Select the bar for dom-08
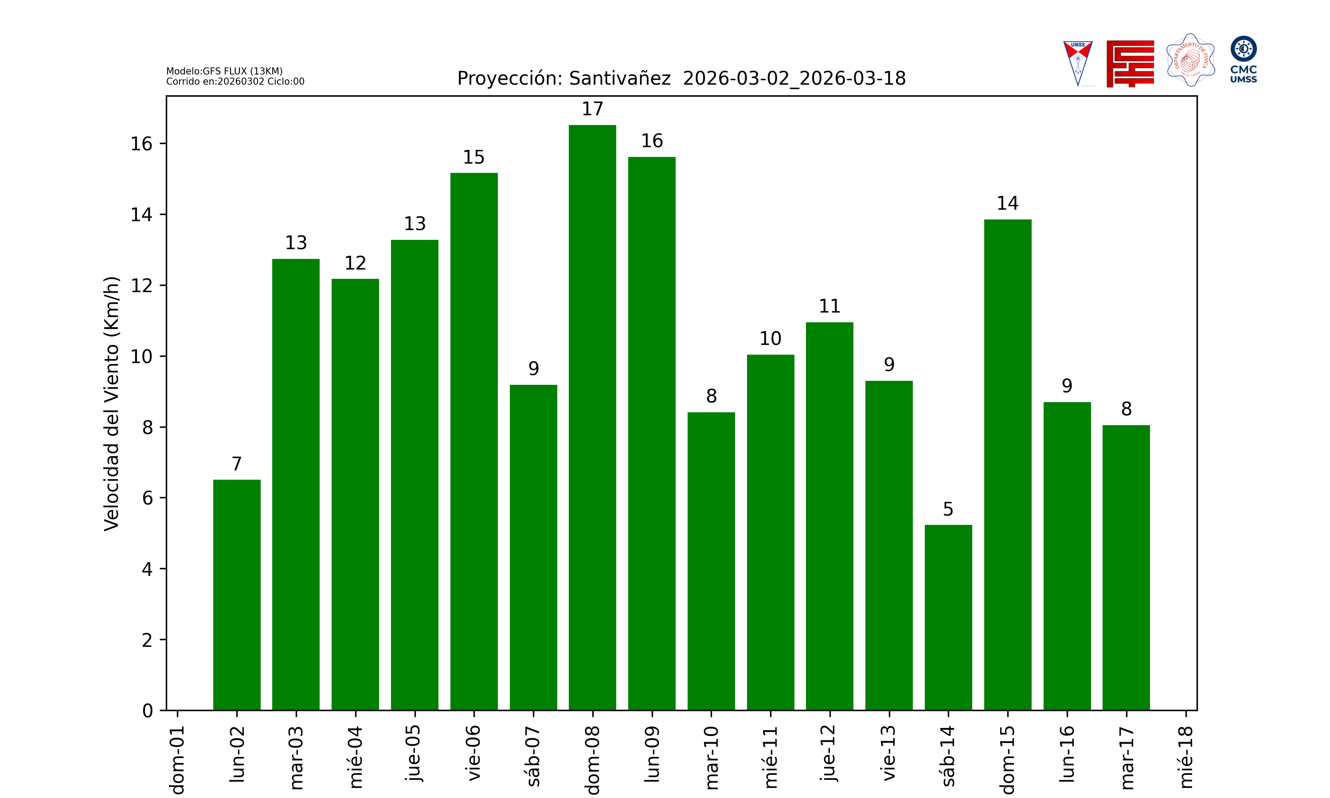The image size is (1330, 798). click(592, 417)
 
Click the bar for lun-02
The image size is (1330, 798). click(237, 595)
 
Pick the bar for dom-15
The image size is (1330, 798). click(1007, 465)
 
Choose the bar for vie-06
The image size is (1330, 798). click(473, 441)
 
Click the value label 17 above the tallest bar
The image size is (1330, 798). click(592, 109)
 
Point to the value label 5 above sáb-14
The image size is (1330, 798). click(948, 509)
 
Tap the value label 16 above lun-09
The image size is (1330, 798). click(652, 141)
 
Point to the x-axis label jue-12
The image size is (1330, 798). click(829, 753)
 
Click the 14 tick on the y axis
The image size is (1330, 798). click(141, 215)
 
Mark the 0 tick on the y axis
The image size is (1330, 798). click(147, 711)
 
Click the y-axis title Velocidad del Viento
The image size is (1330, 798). click(111, 403)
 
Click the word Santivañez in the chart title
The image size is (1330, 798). click(619, 78)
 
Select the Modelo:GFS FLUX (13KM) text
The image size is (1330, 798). click(224, 71)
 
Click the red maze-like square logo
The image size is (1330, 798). click(1130, 63)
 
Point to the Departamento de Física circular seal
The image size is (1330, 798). click(1190, 60)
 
